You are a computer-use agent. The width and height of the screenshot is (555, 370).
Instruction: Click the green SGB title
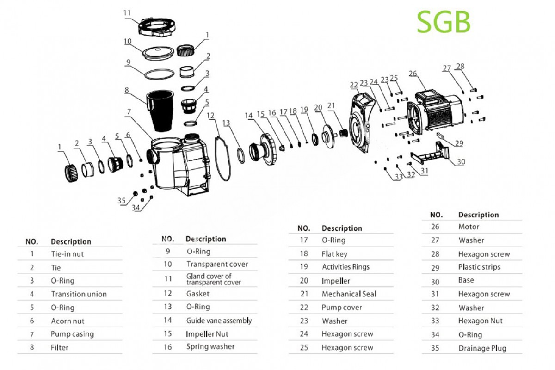click(444, 22)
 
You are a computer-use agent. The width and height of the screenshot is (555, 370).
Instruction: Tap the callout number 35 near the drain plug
click(122, 200)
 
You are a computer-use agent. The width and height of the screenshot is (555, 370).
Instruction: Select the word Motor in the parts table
click(469, 227)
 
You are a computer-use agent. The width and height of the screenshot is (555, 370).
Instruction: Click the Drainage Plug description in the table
click(482, 348)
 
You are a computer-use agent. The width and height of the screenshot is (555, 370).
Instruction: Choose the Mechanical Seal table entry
click(349, 294)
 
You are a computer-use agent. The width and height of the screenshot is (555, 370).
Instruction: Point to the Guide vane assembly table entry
click(219, 320)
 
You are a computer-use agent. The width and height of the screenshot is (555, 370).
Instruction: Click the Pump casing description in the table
click(72, 334)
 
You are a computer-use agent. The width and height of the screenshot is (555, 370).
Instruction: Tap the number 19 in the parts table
click(303, 267)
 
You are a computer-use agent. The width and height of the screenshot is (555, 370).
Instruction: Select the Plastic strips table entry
click(479, 267)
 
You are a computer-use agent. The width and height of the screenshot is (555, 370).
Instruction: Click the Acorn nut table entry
click(68, 321)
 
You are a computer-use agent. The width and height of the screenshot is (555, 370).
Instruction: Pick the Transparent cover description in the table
click(217, 264)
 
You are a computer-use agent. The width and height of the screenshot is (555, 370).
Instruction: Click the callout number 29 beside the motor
click(458, 143)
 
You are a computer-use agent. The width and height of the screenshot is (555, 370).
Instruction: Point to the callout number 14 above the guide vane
click(250, 115)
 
